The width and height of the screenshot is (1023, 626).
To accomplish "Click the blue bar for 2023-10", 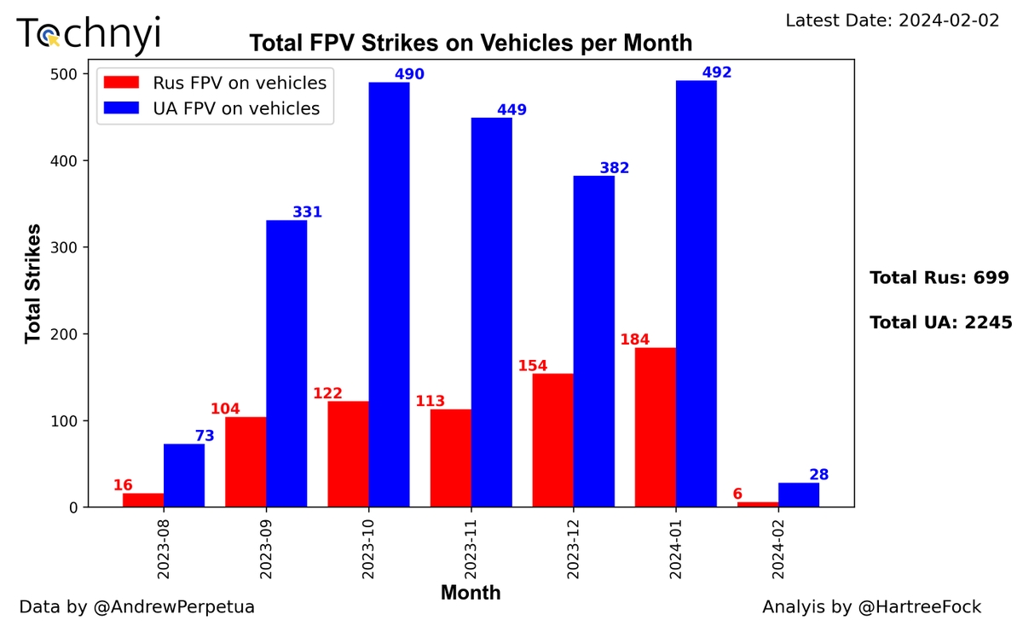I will click(389, 294).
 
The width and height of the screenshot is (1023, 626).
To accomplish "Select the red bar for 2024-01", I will click(655, 426).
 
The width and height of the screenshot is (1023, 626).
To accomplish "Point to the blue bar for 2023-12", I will click(593, 341).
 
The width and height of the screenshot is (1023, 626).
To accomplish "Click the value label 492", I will click(717, 72).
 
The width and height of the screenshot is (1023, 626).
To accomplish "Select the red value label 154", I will click(533, 366).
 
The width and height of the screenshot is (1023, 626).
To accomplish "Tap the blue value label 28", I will click(818, 474).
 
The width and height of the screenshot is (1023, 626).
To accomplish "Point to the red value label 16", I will click(123, 485).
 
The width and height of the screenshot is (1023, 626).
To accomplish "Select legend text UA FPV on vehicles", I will click(236, 108).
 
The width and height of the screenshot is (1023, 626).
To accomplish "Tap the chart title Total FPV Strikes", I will click(470, 43).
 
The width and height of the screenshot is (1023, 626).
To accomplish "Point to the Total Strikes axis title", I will click(33, 283).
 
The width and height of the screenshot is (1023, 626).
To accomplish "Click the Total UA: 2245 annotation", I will click(940, 322).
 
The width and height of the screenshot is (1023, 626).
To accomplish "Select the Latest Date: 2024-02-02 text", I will click(892, 20).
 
